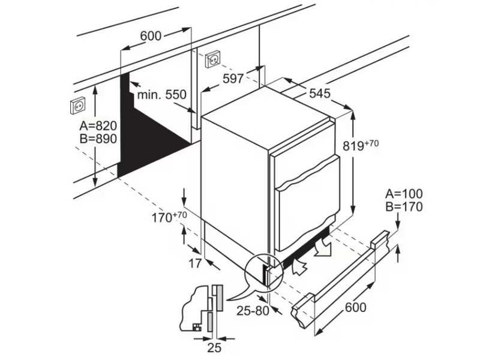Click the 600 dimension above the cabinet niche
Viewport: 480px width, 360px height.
151,36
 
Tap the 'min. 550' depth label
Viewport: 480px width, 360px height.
161,94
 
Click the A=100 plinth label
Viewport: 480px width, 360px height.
404,194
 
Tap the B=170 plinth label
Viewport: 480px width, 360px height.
404,208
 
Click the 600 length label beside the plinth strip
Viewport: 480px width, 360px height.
356,308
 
